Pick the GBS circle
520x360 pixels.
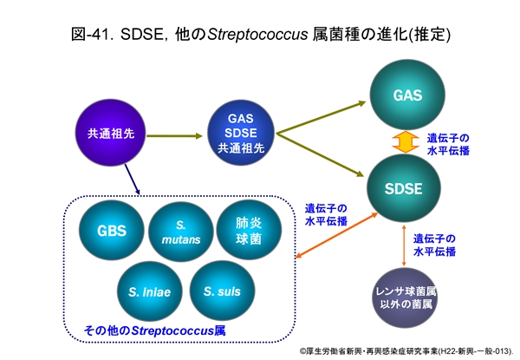tap(112, 232)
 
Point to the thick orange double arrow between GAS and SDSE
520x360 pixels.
tap(400, 141)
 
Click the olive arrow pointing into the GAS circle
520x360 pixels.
tap(321, 115)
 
